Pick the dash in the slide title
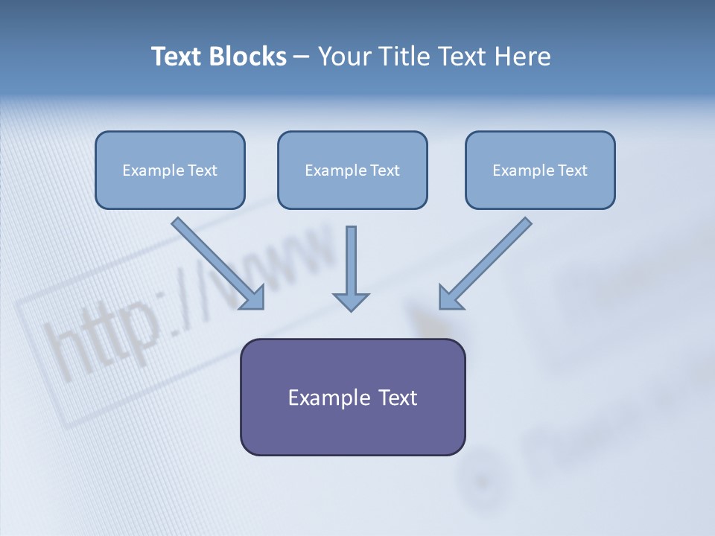pos(302,57)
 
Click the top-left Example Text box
pos(170,170)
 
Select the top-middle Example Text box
pos(352,170)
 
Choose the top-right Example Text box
pos(540,170)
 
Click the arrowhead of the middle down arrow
pos(351,301)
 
